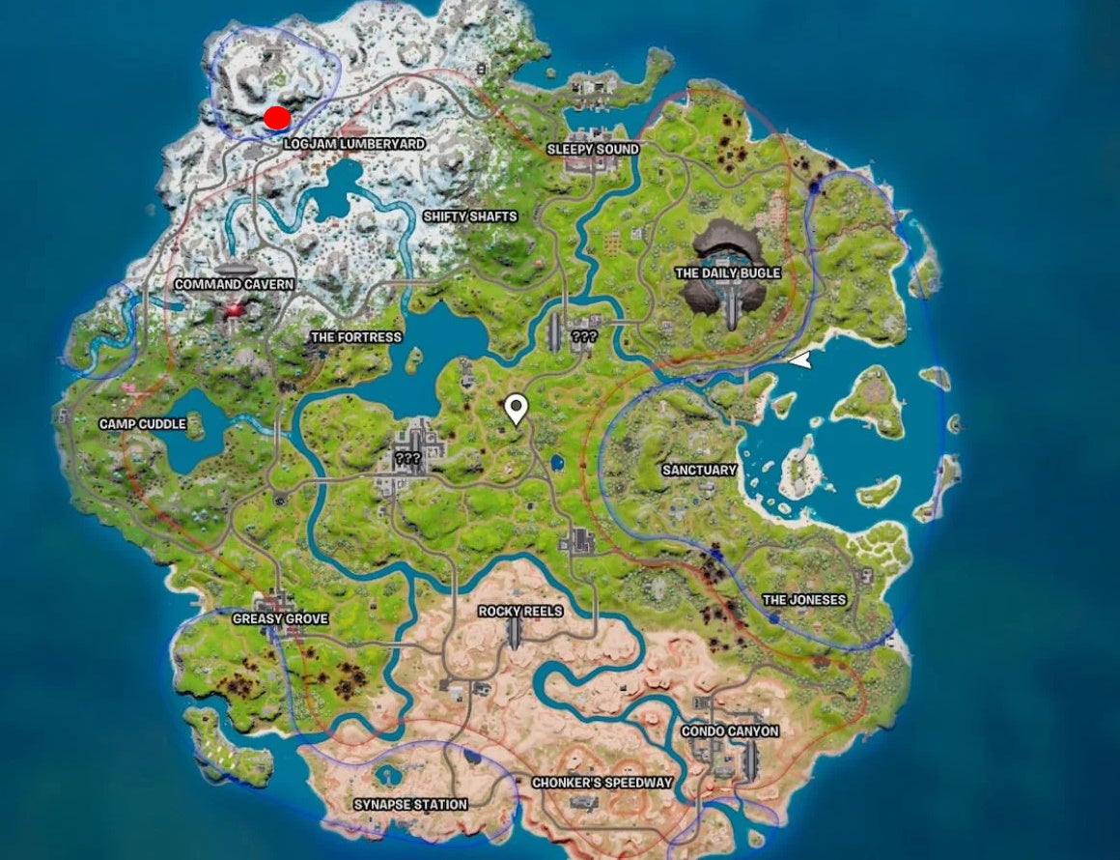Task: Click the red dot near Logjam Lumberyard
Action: pyautogui.click(x=277, y=118)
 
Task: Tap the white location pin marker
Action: pyautogui.click(x=517, y=410)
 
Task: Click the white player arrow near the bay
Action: pyautogui.click(x=799, y=360)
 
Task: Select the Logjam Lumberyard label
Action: pyautogui.click(x=354, y=144)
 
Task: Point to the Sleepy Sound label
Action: pyautogui.click(x=593, y=150)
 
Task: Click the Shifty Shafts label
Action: pyautogui.click(x=470, y=216)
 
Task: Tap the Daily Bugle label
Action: pyautogui.click(x=727, y=273)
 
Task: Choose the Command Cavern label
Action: pyautogui.click(x=234, y=285)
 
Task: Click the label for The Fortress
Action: pyautogui.click(x=354, y=337)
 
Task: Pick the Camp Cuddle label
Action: pyautogui.click(x=143, y=424)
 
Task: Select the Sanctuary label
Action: pyautogui.click(x=699, y=470)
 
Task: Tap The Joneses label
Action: pyautogui.click(x=804, y=600)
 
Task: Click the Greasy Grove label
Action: pyautogui.click(x=280, y=618)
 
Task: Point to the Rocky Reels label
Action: pyautogui.click(x=520, y=612)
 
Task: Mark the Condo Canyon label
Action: pyautogui.click(x=730, y=731)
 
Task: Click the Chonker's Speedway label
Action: pyautogui.click(x=602, y=783)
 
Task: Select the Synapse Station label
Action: pyautogui.click(x=410, y=804)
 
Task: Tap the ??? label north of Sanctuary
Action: pyautogui.click(x=584, y=337)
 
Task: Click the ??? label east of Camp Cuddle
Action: pyautogui.click(x=408, y=459)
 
